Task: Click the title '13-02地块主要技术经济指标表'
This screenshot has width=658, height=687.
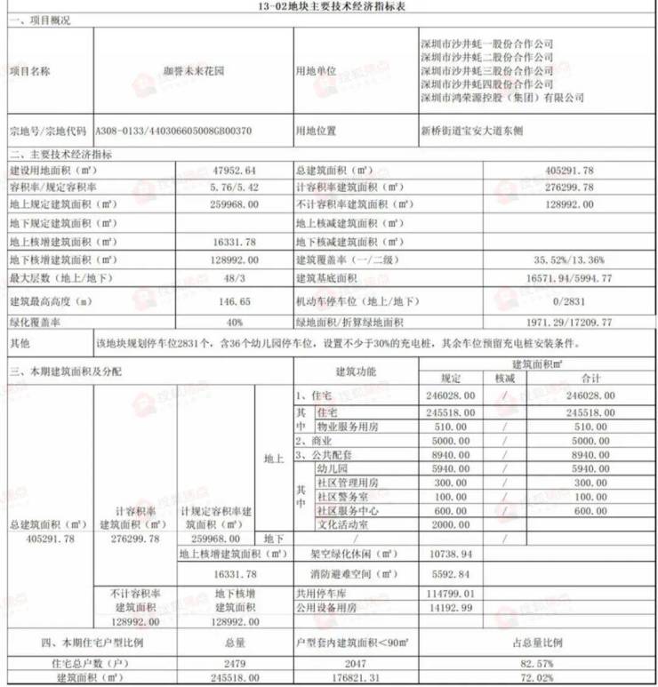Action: (328, 6)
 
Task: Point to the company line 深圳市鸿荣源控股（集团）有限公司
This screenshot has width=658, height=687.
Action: (502, 97)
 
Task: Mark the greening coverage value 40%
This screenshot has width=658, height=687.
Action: (234, 322)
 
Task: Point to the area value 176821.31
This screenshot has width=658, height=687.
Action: (360, 678)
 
